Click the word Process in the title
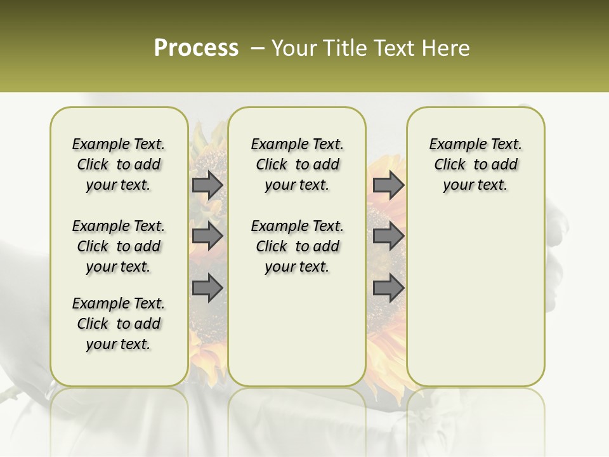(196, 48)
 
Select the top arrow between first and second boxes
(207, 185)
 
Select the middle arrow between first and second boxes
(207, 236)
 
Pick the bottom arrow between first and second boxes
(207, 288)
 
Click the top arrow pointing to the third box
(388, 185)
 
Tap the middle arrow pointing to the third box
(388, 236)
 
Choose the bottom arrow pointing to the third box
(388, 288)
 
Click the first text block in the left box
(119, 164)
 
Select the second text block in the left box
(119, 246)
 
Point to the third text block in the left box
(119, 324)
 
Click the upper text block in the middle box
(297, 164)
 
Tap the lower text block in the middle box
(297, 246)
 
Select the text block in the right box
(475, 164)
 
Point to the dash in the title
(258, 48)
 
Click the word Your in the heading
(295, 48)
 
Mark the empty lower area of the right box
(475, 292)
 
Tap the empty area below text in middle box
(297, 330)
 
